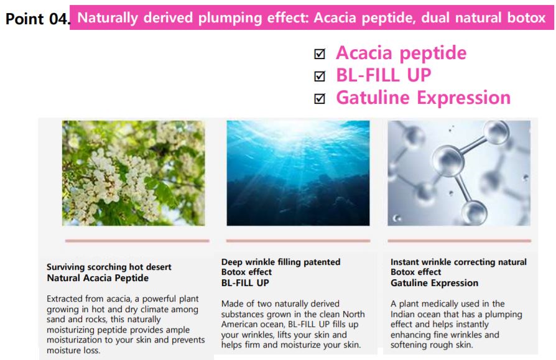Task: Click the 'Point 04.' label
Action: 37,19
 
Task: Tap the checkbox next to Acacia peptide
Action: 320,53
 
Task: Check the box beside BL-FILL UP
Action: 320,76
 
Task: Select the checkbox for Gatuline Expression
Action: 320,98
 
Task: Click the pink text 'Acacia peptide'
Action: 401,53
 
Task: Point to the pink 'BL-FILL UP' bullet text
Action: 383,75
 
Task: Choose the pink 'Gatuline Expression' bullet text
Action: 424,98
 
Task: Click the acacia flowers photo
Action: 133,173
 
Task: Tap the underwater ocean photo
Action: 298,173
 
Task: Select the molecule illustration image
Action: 459,173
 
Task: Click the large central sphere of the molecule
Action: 448,160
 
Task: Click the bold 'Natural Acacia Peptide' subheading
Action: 98,278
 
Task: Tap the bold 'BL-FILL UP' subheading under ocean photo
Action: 245,283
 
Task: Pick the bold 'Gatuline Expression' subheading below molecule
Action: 434,283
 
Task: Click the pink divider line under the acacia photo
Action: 137,241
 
